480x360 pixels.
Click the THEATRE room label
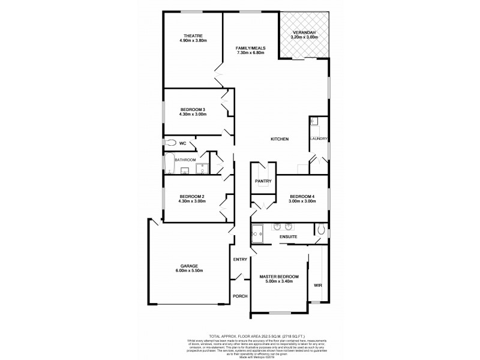(x=193, y=35)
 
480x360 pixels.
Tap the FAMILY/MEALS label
(x=251, y=48)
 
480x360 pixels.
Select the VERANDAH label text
(x=304, y=32)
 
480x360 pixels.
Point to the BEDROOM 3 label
(x=193, y=109)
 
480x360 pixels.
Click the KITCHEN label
(x=280, y=139)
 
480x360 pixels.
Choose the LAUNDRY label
(x=319, y=139)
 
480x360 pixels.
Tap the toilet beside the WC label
(x=171, y=143)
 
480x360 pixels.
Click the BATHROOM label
(x=185, y=160)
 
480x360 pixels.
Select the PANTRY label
(x=263, y=181)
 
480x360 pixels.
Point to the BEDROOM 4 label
(x=301, y=196)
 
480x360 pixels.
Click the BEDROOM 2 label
(x=193, y=196)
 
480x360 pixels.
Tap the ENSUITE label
(x=289, y=237)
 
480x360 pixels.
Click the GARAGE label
(x=189, y=266)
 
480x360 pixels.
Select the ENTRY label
(x=240, y=259)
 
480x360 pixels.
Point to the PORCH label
(x=240, y=296)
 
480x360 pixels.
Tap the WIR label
(x=318, y=286)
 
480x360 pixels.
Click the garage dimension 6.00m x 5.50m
(x=189, y=271)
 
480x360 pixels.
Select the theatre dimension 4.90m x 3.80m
(x=193, y=40)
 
